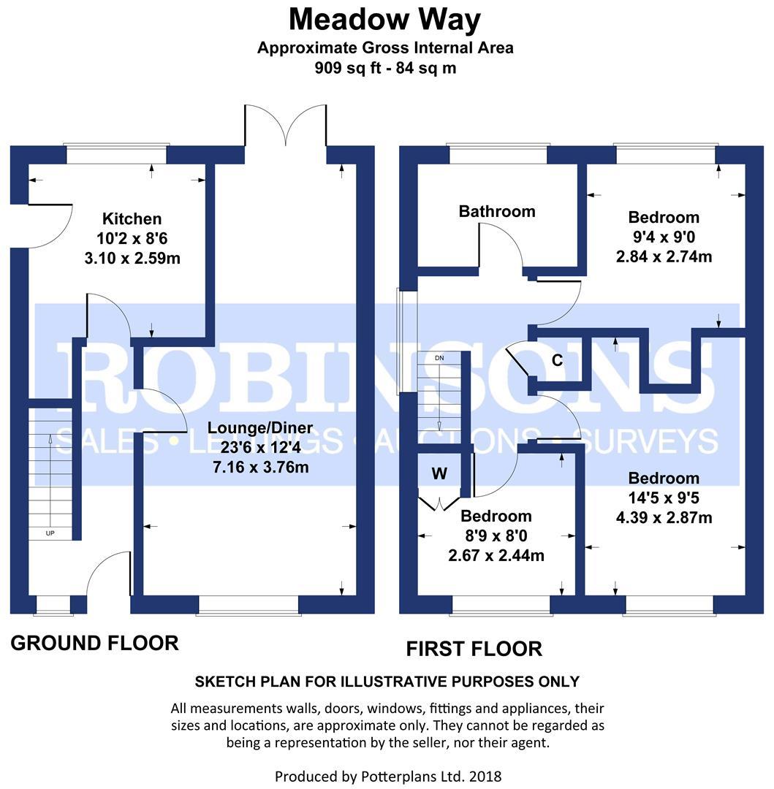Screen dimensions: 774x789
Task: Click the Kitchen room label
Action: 132,219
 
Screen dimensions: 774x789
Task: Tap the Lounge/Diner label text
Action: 260,427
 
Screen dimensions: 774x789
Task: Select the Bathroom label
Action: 497,211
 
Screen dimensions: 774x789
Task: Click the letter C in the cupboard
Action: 557,360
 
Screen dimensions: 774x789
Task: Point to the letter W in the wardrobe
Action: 439,473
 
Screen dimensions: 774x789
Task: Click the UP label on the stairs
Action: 50,533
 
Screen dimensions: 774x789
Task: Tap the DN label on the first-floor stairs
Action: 439,358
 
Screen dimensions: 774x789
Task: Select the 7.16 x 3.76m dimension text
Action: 261,467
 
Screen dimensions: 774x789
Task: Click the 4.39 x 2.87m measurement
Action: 664,517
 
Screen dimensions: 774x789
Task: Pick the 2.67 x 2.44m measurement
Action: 496,555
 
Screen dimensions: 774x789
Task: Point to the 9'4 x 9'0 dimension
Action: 664,237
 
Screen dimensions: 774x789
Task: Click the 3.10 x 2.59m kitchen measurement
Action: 132,258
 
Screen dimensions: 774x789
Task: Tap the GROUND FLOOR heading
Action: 94,643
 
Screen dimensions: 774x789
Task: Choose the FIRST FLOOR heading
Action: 474,649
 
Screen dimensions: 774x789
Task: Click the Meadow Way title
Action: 384,20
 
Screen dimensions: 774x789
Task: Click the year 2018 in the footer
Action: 485,777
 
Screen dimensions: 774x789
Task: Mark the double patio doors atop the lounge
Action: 285,126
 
